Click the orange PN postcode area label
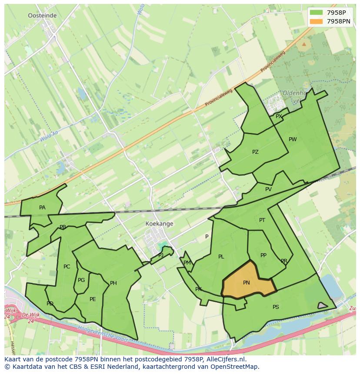(246, 283)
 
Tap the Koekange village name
(159, 224)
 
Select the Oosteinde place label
(42, 15)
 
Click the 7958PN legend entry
(339, 21)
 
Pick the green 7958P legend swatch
(316, 13)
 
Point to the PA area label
(42, 208)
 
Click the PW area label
(293, 139)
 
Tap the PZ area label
(255, 152)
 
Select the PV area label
(268, 189)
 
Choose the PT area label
(262, 220)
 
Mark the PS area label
(276, 307)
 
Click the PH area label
(113, 283)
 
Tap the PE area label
(93, 299)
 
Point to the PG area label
(81, 280)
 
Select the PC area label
(67, 267)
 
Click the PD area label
(50, 304)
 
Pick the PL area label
(221, 257)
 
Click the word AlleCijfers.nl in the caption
(226, 359)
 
